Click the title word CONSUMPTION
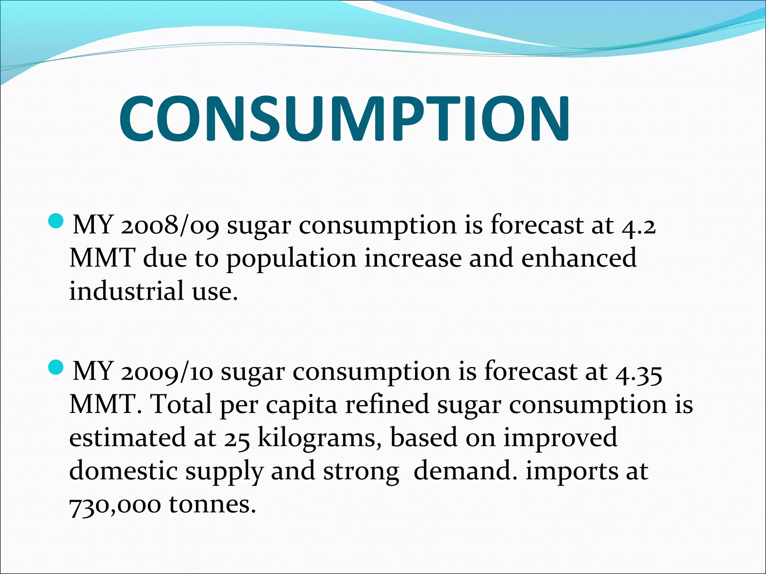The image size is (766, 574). (x=344, y=119)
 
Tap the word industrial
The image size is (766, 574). (x=126, y=291)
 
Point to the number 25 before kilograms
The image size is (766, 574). (x=237, y=438)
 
